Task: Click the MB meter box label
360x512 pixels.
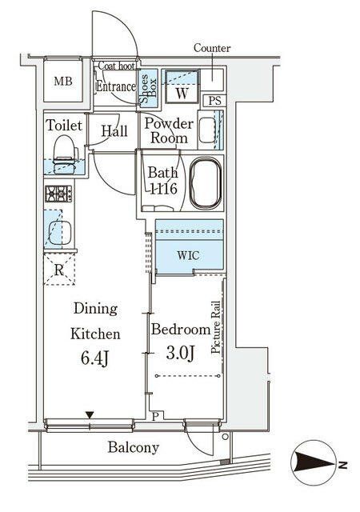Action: pyautogui.click(x=63, y=81)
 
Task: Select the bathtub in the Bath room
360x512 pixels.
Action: pyautogui.click(x=206, y=183)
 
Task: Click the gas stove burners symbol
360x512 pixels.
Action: pyautogui.click(x=59, y=194)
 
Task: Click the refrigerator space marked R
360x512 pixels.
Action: pyautogui.click(x=59, y=270)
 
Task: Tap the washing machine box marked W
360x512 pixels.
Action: pyautogui.click(x=182, y=86)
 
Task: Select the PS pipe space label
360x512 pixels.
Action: pyautogui.click(x=214, y=101)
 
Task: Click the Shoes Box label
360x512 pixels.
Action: pyautogui.click(x=148, y=89)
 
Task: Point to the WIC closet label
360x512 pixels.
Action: pyautogui.click(x=189, y=255)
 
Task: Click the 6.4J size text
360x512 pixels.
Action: pyautogui.click(x=94, y=358)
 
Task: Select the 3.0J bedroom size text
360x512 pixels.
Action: pyautogui.click(x=180, y=353)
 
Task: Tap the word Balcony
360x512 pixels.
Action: pyautogui.click(x=134, y=447)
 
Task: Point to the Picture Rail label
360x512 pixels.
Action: pyautogui.click(x=216, y=327)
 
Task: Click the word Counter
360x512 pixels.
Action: pyautogui.click(x=212, y=48)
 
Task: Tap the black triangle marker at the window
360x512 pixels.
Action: pyautogui.click(x=90, y=415)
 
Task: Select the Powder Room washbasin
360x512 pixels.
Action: pyautogui.click(x=208, y=130)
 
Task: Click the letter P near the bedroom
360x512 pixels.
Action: pyautogui.click(x=156, y=416)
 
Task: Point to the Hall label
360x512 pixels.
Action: pyautogui.click(x=114, y=131)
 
